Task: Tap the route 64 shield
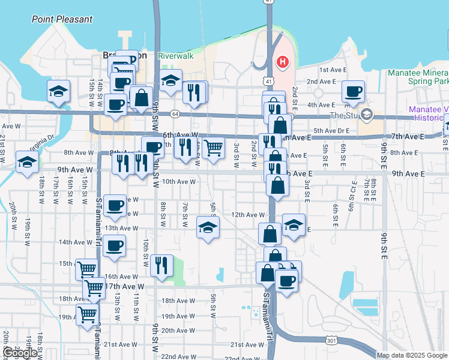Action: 174,113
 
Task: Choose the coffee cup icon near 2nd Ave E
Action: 353,92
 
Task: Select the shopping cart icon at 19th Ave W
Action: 88,314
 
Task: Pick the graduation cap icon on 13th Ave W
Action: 208,227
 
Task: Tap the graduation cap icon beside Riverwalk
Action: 170,81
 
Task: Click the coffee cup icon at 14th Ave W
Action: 114,245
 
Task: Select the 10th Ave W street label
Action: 179,181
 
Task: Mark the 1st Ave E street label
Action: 333,70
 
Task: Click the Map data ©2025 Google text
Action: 412,355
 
